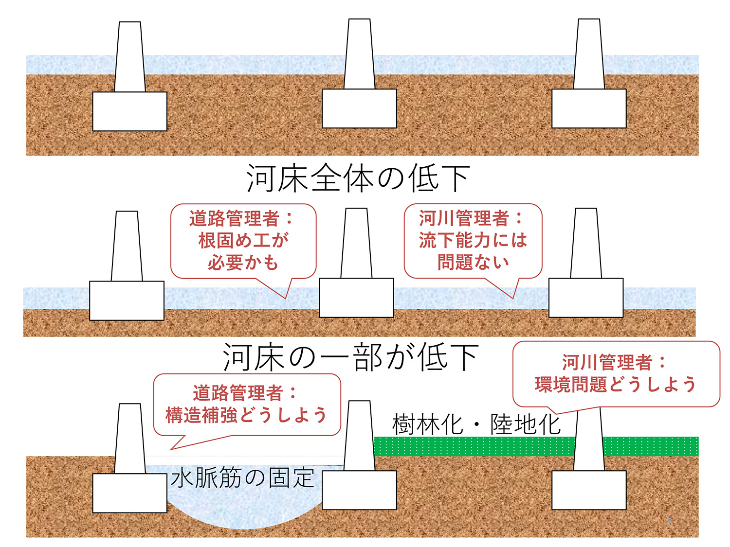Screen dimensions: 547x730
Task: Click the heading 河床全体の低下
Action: [358, 178]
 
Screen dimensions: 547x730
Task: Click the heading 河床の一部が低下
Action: [350, 357]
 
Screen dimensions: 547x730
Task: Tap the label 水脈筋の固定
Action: [242, 478]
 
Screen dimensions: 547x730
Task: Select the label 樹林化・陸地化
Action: [476, 425]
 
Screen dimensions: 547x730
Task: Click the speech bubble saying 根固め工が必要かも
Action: [243, 241]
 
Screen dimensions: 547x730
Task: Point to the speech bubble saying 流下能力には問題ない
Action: [473, 241]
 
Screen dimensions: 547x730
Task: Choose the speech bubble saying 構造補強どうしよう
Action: [247, 405]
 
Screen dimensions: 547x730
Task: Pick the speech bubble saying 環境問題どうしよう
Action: [616, 373]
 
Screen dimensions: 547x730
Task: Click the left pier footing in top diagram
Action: [129, 111]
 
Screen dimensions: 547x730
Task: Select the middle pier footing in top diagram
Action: [359, 108]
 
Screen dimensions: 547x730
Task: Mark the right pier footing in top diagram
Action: [589, 108]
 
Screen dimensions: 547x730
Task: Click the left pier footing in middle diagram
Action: [127, 300]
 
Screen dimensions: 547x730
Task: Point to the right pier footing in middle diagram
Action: [586, 298]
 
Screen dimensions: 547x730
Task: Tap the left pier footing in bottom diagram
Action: [129, 493]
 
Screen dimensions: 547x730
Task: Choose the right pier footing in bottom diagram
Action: [589, 490]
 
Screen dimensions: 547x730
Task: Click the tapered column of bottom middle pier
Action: [359, 435]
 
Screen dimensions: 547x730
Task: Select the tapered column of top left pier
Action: [129, 57]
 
